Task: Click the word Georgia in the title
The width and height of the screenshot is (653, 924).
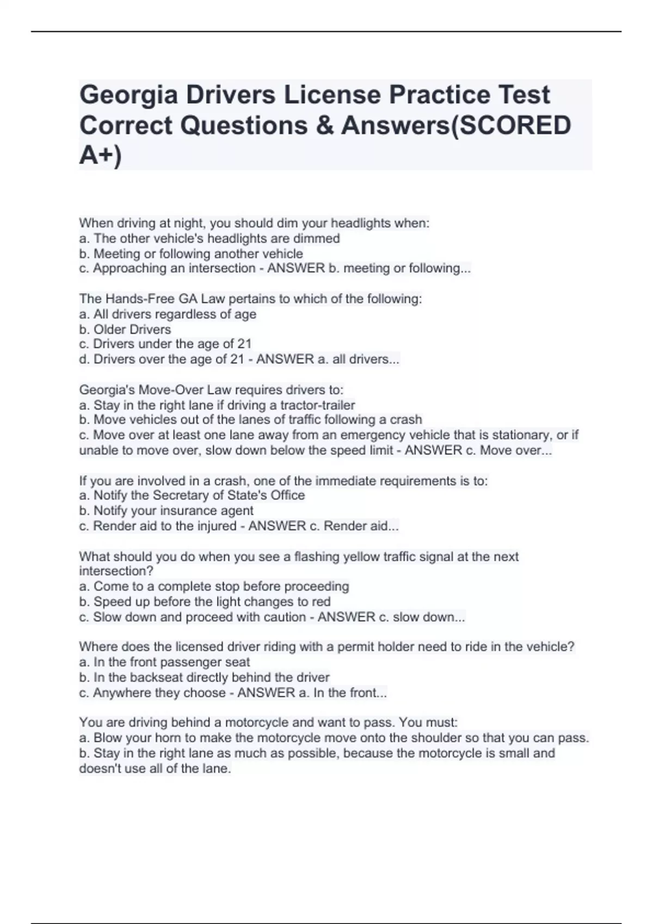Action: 128,95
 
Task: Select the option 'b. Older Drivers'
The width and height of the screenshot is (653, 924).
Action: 125,329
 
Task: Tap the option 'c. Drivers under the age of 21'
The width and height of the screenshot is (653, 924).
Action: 165,344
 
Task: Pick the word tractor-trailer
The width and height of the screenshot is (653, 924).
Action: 317,405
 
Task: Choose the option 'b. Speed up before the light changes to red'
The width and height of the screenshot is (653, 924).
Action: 205,602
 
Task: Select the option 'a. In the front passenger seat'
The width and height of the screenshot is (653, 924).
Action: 164,662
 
